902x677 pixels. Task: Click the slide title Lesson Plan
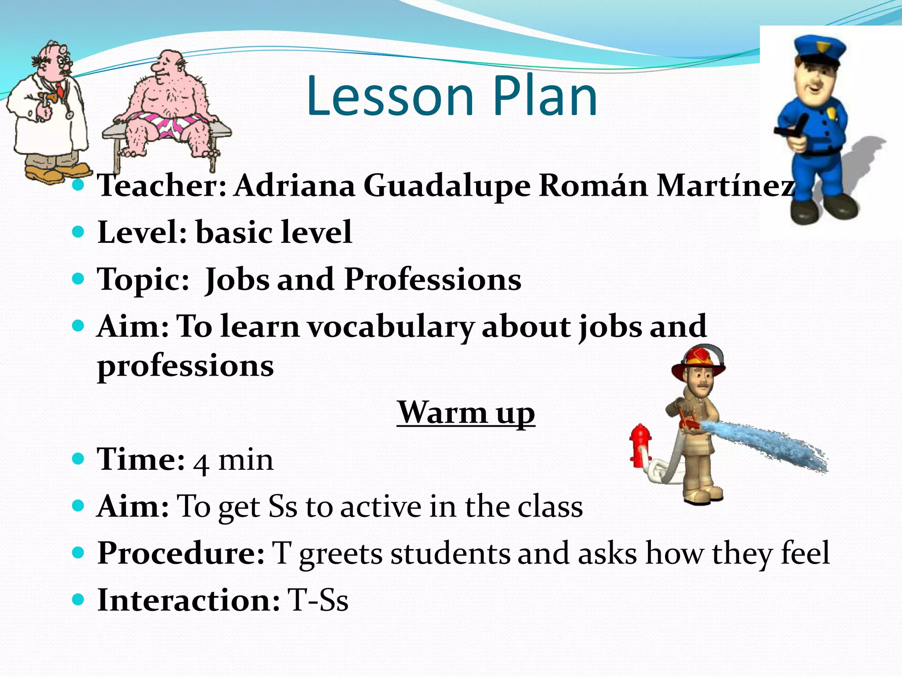451,96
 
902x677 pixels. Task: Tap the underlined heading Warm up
466,413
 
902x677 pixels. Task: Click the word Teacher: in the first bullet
162,185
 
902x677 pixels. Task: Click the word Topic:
143,280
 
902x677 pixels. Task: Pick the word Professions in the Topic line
433,279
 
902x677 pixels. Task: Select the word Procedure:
181,553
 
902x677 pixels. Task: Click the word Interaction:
188,600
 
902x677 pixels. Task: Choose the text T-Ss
318,600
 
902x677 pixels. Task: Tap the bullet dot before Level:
78,232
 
